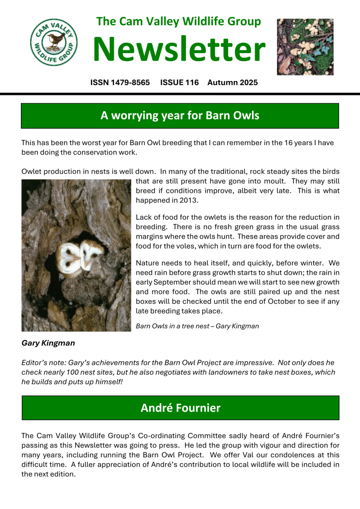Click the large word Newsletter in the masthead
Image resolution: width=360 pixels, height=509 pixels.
180,50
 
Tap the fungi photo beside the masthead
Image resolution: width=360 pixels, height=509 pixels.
305,47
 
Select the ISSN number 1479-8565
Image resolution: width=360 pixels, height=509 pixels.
120,83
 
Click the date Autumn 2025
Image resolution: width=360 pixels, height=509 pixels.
233,83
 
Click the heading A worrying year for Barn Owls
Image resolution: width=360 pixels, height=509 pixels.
180,116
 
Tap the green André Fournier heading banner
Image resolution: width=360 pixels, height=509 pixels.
180,408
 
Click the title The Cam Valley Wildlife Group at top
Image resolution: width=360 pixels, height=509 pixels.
179,21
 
